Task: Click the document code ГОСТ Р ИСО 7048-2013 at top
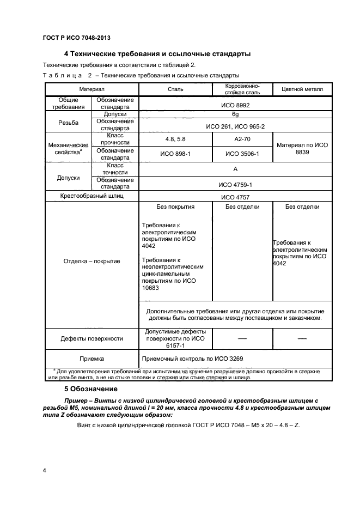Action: point(77,38)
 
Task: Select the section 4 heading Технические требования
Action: point(157,54)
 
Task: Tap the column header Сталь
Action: point(175,89)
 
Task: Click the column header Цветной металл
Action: point(302,89)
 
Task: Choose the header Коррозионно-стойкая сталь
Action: point(242,89)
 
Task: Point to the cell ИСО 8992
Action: point(235,104)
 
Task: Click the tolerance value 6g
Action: point(235,115)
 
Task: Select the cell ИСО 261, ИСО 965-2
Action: point(235,126)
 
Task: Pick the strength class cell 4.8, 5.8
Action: point(175,139)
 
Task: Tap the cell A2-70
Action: point(242,139)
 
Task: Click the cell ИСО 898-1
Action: point(175,154)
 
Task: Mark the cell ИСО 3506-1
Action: point(242,154)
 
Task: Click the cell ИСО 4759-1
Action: point(235,184)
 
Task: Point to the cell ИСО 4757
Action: point(235,198)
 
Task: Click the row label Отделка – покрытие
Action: point(91,261)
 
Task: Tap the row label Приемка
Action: point(91,359)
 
